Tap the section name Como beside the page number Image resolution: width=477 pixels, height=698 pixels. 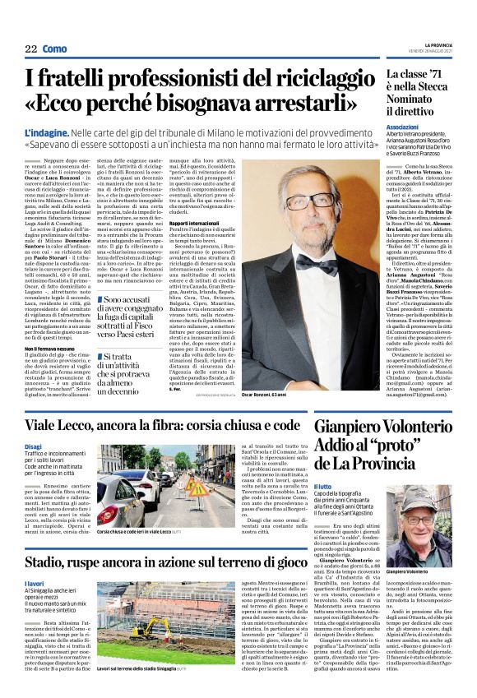pyautogui.click(x=54, y=49)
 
